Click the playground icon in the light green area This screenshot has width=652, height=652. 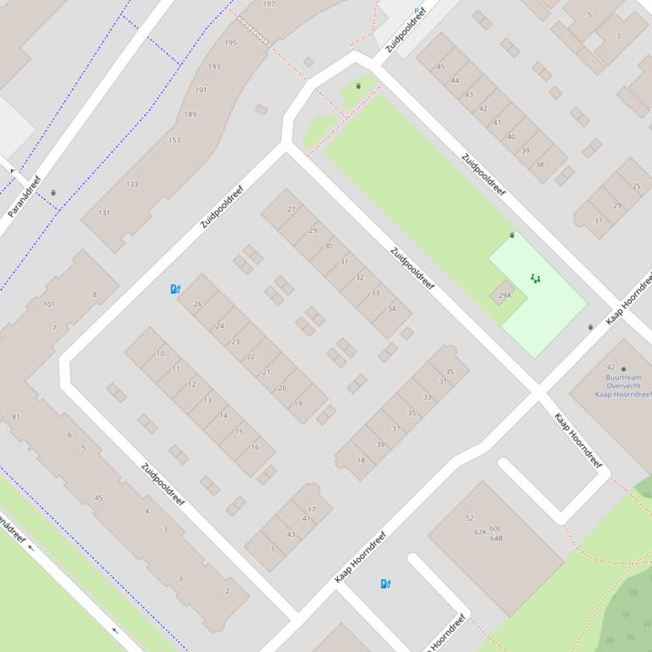tap(535, 278)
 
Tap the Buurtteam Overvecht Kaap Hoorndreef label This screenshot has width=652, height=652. tap(623, 385)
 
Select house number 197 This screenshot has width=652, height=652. tap(268, 4)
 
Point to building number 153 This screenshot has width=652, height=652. tap(174, 141)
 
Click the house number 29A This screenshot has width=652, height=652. tap(505, 296)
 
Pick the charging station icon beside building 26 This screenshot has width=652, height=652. tap(175, 289)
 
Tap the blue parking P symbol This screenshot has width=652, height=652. tap(416, 12)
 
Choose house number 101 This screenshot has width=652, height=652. tap(48, 305)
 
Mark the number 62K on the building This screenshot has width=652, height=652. tap(480, 532)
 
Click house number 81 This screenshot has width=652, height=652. tap(16, 417)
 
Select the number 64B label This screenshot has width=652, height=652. tap(496, 538)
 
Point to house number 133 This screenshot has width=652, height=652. tap(132, 185)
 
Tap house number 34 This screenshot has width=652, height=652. tap(391, 309)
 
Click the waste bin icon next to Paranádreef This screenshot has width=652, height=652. tap(53, 193)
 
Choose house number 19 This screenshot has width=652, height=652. tap(298, 404)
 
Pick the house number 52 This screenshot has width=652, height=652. tap(470, 517)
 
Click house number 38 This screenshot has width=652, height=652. tap(539, 164)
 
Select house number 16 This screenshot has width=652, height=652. tap(255, 447)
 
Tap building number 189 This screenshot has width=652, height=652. tap(190, 114)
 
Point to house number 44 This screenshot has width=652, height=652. tap(455, 80)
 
